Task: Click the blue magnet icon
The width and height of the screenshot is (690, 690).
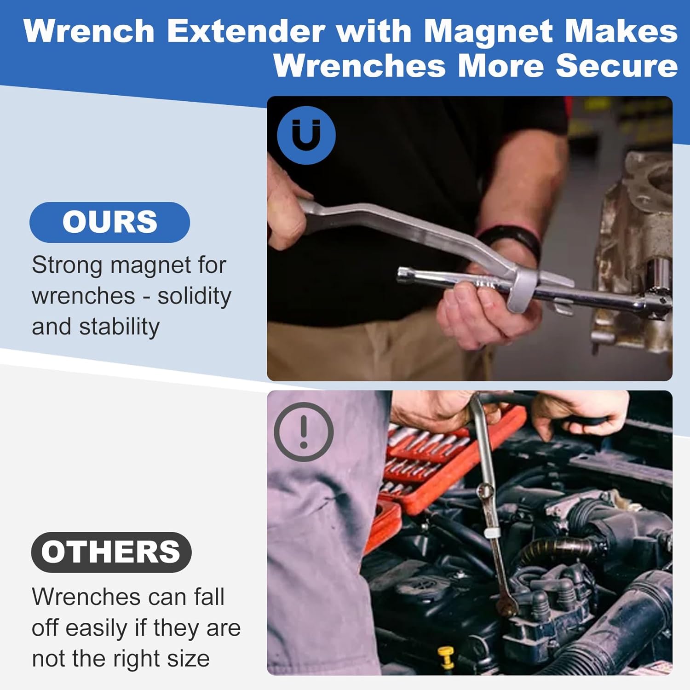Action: (306, 135)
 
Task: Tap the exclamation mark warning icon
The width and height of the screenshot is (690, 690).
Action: (304, 432)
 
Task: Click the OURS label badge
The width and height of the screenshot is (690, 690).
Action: (109, 222)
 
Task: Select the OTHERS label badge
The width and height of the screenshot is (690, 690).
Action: (111, 552)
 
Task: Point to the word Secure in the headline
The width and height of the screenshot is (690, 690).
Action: (617, 65)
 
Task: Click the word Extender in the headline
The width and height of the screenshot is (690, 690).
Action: (246, 32)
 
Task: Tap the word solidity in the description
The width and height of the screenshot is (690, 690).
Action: (195, 296)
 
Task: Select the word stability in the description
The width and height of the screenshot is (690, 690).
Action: (119, 327)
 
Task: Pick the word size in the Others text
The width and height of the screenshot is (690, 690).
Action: (188, 659)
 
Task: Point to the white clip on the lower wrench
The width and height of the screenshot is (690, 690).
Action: (492, 534)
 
